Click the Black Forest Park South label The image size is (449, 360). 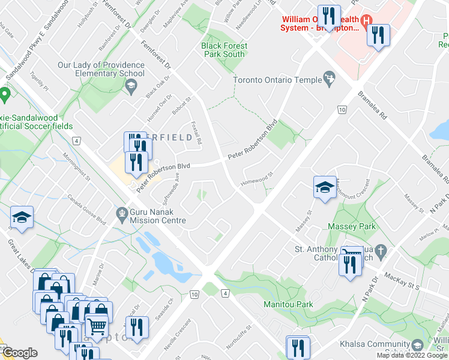pos(223,50)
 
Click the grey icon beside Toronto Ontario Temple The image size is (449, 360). pos(328,77)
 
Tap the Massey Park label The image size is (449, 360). pos(351,226)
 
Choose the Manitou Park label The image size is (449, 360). pos(288,304)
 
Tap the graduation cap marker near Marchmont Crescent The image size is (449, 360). pos(325,187)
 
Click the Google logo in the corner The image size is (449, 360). pos(20,353)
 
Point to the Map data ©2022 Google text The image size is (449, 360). pos(412,355)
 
